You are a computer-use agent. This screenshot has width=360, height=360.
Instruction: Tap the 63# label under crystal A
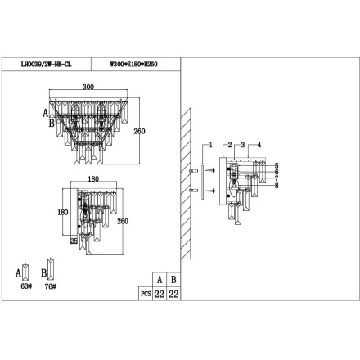pyautogui.click(x=25, y=287)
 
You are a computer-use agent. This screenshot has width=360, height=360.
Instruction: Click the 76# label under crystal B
pyautogui.click(x=52, y=287)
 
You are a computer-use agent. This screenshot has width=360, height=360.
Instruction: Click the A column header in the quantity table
pyautogui.click(x=159, y=279)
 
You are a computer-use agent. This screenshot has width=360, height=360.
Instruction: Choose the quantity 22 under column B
pyautogui.click(x=173, y=293)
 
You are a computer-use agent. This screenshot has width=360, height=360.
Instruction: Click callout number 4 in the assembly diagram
pyautogui.click(x=259, y=144)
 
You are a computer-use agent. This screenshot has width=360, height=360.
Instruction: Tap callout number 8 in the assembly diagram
pyautogui.click(x=276, y=186)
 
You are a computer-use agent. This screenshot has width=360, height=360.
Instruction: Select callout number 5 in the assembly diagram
pyautogui.click(x=276, y=166)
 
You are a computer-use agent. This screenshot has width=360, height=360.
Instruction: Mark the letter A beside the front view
pyautogui.click(x=45, y=114)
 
